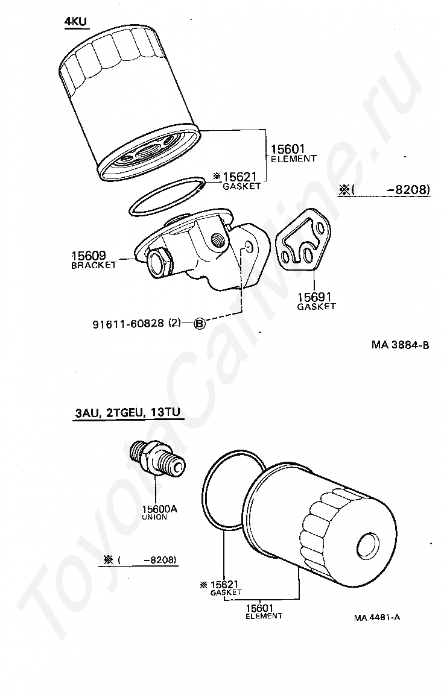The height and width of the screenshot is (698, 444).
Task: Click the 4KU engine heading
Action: click(x=76, y=22)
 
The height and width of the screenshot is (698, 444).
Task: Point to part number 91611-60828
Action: click(x=128, y=324)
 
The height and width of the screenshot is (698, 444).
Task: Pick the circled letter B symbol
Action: click(x=200, y=324)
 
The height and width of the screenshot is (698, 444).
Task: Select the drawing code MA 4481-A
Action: click(x=378, y=617)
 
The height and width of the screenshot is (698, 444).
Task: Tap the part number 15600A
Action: click(x=159, y=509)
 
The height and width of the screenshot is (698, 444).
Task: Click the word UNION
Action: click(x=154, y=517)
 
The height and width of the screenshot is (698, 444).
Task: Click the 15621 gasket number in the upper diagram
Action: click(x=240, y=177)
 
